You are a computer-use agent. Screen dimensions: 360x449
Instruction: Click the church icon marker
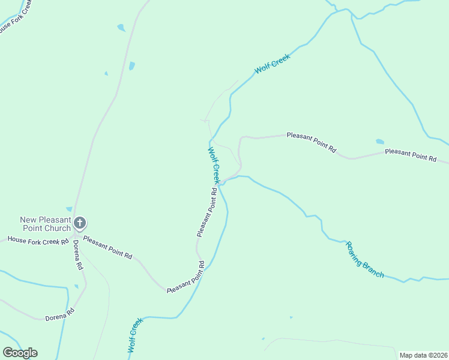click(x=80, y=224)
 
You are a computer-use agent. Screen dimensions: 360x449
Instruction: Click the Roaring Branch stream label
click(x=364, y=259)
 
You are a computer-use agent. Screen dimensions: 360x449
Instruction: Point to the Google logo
click(x=20, y=353)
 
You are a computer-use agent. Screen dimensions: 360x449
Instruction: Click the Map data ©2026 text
click(x=423, y=355)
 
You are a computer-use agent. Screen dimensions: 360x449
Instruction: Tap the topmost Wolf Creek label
click(x=273, y=64)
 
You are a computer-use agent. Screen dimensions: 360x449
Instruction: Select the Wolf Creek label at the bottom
click(x=136, y=335)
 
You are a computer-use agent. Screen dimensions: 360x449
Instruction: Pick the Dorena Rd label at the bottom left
click(x=60, y=314)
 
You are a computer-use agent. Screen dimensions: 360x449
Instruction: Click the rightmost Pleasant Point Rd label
click(x=411, y=155)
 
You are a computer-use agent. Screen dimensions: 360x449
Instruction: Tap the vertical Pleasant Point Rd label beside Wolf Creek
click(x=206, y=212)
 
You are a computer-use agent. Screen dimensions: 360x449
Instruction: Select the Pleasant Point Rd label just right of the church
click(x=107, y=247)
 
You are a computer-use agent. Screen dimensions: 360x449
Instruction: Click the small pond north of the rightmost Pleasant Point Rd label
click(x=379, y=142)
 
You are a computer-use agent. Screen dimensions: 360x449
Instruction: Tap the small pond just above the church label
click(x=70, y=209)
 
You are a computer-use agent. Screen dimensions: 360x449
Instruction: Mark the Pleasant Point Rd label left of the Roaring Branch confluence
click(x=206, y=212)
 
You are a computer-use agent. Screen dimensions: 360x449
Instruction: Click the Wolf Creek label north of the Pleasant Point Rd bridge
click(x=215, y=164)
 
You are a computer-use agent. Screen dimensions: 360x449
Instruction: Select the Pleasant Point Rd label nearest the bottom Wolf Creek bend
click(x=185, y=277)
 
